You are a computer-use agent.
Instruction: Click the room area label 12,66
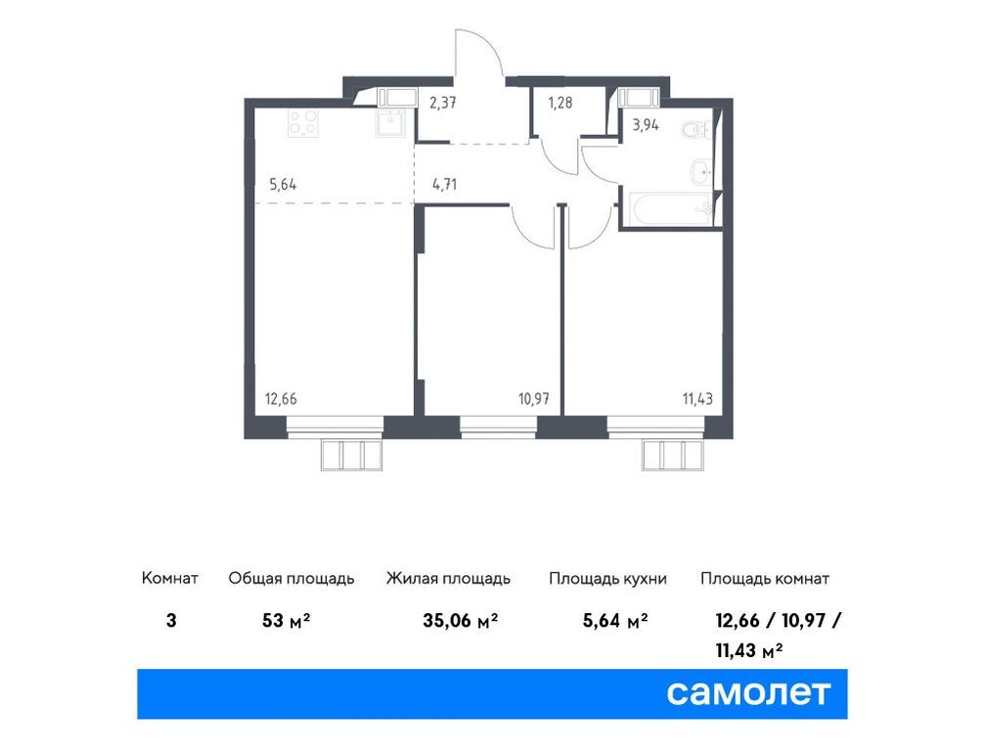(x=280, y=398)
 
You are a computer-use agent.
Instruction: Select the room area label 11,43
(x=698, y=398)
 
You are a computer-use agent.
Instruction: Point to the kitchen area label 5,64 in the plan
(x=286, y=181)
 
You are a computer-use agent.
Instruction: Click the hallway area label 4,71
(x=445, y=181)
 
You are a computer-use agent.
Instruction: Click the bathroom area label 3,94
(x=646, y=124)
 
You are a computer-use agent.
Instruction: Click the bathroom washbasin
(x=702, y=172)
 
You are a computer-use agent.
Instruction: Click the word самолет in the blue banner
(x=748, y=692)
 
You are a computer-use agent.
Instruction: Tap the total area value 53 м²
(x=287, y=621)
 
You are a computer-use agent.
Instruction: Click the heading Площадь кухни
(x=607, y=578)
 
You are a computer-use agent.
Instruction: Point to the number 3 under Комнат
(x=171, y=621)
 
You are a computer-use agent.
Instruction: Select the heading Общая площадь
(x=292, y=578)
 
